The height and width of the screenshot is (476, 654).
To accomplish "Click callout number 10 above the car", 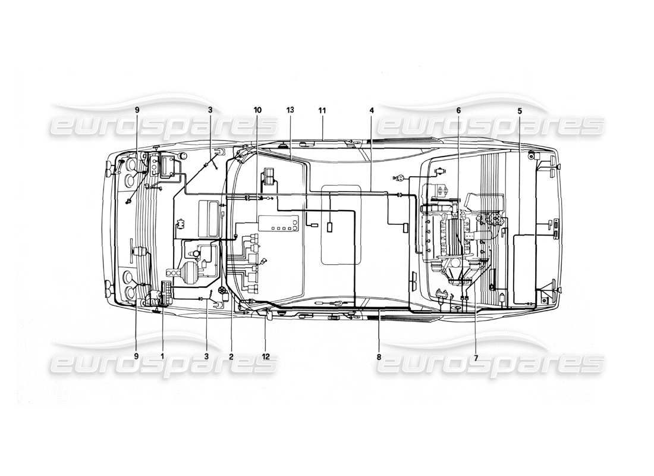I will pyautogui.click(x=257, y=110).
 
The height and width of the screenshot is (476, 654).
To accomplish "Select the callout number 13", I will pyautogui.click(x=290, y=110).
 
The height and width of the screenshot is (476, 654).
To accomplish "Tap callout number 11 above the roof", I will pyautogui.click(x=322, y=110).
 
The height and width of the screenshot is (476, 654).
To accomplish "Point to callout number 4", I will pyautogui.click(x=371, y=110).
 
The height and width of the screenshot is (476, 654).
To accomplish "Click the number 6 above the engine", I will pyautogui.click(x=458, y=110).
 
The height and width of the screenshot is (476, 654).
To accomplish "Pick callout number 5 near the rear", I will pyautogui.click(x=520, y=110).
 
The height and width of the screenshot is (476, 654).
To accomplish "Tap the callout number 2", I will pyautogui.click(x=231, y=356).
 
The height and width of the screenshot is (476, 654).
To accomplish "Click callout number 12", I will pyautogui.click(x=266, y=356).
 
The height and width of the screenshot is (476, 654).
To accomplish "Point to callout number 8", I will pyautogui.click(x=378, y=356).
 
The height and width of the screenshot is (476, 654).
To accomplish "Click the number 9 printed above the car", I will pyautogui.click(x=136, y=110).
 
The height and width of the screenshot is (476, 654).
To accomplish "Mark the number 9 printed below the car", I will pyautogui.click(x=136, y=356).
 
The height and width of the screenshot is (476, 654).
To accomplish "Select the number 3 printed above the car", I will pyautogui.click(x=209, y=110).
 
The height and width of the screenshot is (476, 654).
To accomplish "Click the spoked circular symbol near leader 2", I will pyautogui.click(x=222, y=290).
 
